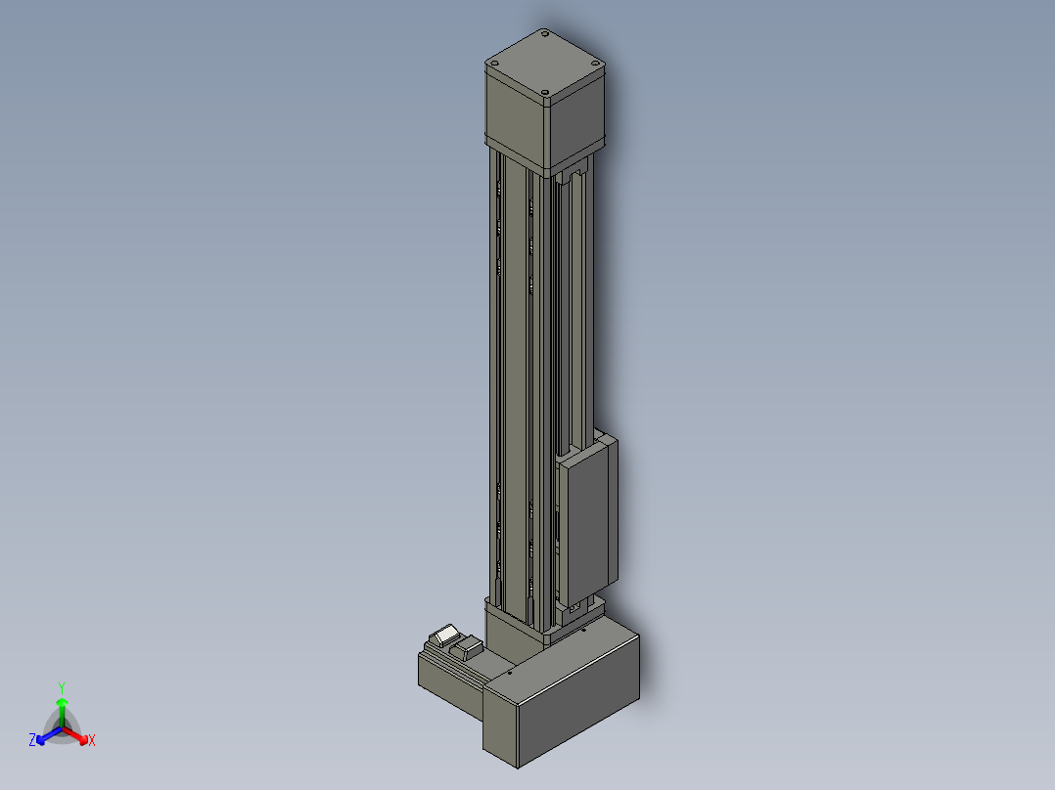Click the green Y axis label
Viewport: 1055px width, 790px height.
coord(62,687)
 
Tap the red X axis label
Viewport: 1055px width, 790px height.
coord(92,740)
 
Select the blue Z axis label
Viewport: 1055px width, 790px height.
coord(32,739)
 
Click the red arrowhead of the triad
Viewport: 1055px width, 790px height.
coord(83,740)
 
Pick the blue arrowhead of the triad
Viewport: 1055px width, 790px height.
coord(41,739)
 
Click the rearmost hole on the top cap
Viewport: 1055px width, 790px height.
coord(544,32)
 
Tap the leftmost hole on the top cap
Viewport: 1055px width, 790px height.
coord(494,64)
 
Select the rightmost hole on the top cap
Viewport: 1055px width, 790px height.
coord(594,63)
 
